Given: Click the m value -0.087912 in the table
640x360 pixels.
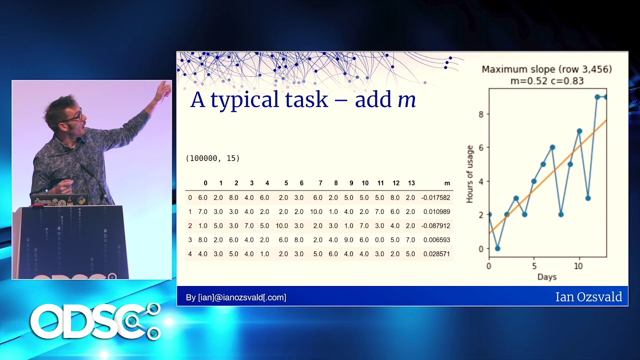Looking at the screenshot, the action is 435,225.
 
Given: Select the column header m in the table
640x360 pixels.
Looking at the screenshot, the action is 447,183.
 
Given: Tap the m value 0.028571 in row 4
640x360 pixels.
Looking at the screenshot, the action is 436,253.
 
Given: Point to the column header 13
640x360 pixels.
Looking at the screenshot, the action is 411,183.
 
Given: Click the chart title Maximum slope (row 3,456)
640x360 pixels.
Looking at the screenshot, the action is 547,69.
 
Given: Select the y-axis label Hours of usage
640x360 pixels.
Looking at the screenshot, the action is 469,174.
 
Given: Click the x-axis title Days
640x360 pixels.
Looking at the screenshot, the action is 547,277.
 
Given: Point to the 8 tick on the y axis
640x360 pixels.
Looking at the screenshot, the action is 481,114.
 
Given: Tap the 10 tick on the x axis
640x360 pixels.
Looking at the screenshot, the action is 578,266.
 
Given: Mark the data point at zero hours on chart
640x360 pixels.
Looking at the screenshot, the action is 497,248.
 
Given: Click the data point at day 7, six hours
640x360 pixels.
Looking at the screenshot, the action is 552,147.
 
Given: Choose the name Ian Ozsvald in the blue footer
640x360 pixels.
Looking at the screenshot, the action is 588,297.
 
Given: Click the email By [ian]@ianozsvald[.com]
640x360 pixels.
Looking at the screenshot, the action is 236,297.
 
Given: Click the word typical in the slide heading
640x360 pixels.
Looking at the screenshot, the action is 244,100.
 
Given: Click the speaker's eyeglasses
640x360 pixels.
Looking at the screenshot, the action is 73,117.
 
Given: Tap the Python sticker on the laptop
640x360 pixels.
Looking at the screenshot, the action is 81,200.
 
